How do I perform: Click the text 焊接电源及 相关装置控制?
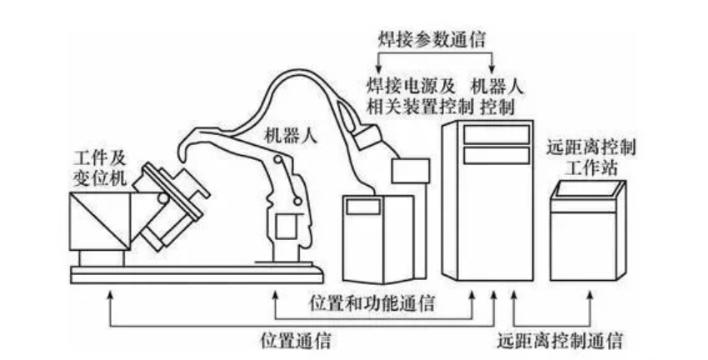pyautogui.click(x=410, y=95)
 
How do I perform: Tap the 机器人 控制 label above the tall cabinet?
pyautogui.click(x=496, y=95)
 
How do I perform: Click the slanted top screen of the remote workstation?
pyautogui.click(x=589, y=189)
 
